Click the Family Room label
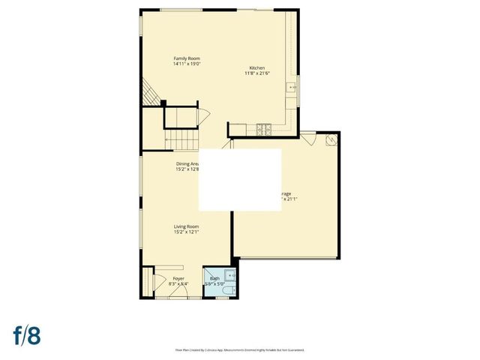(x=187, y=58)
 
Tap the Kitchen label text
(x=257, y=67)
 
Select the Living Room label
(x=187, y=226)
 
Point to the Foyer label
(x=168, y=278)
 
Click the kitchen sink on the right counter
(x=293, y=87)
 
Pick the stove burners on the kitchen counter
(x=264, y=130)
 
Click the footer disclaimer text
(x=240, y=349)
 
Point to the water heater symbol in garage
(x=331, y=139)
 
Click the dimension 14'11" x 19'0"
(x=187, y=64)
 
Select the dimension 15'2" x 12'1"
(x=187, y=232)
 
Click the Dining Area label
(x=187, y=163)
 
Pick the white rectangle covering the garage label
(x=239, y=179)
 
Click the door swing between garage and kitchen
(x=308, y=138)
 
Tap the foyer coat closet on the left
(x=146, y=282)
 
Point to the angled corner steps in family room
(x=152, y=95)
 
